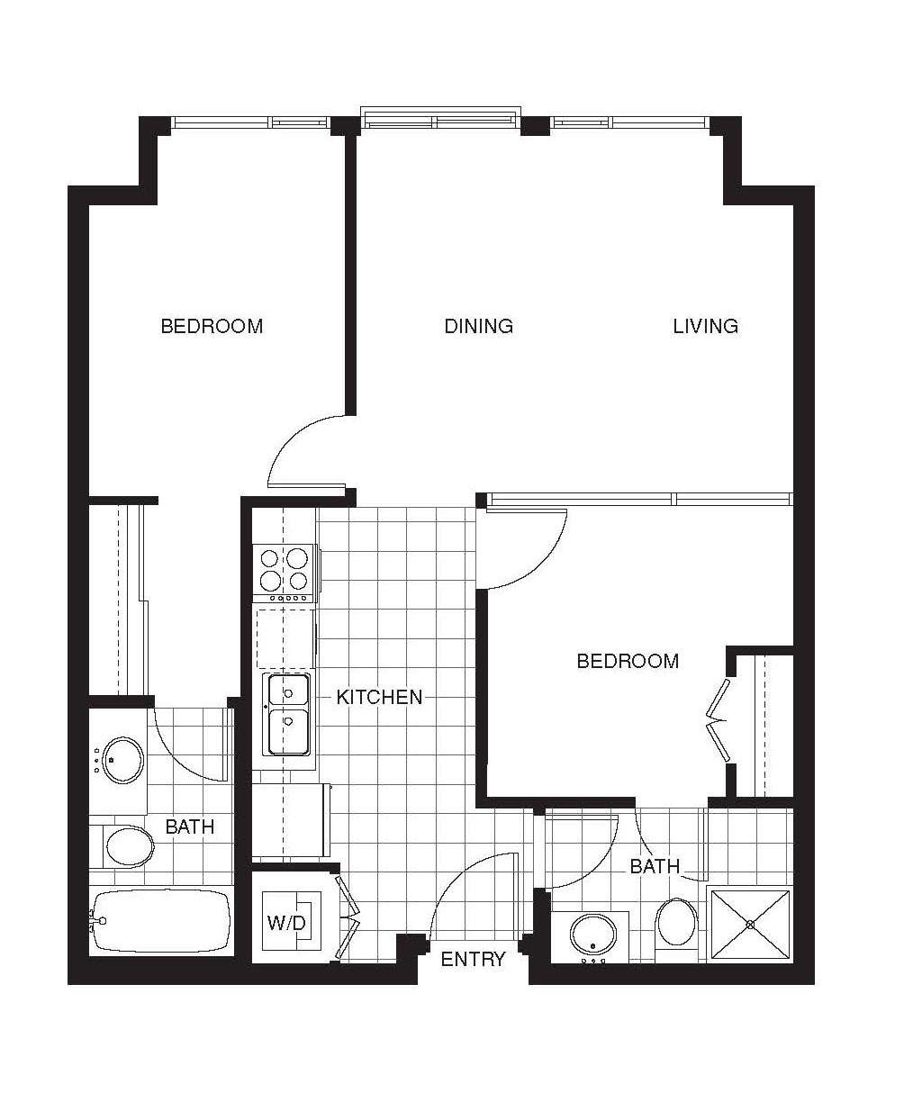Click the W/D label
pyautogui.click(x=285, y=922)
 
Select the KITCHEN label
pyautogui.click(x=379, y=697)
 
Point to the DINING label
pyautogui.click(x=478, y=326)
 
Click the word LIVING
pyautogui.click(x=705, y=326)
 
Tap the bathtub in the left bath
pyautogui.click(x=161, y=921)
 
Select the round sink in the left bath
pyautogui.click(x=122, y=760)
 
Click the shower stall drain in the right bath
pyautogui.click(x=751, y=925)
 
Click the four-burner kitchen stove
pyautogui.click(x=285, y=574)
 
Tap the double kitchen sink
pyautogui.click(x=288, y=715)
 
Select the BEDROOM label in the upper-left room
pyautogui.click(x=212, y=326)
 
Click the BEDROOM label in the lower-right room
pyautogui.click(x=628, y=661)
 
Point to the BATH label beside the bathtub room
pyautogui.click(x=189, y=827)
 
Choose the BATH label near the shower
pyautogui.click(x=655, y=866)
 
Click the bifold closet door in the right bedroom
pyautogui.click(x=718, y=720)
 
